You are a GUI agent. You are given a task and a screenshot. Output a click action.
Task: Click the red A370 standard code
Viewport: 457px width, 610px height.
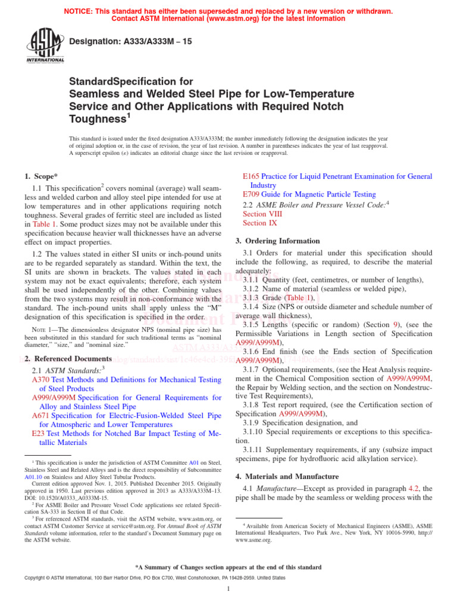click(40, 379)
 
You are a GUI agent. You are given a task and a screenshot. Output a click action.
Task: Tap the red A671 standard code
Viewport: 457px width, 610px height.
click(40, 415)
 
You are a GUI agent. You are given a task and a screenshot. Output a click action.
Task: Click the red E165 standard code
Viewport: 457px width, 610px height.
click(252, 176)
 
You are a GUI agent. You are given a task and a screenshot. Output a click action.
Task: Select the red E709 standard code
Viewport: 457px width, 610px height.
click(252, 194)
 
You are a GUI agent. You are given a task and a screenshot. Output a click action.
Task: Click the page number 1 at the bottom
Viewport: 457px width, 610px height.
click(228, 589)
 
